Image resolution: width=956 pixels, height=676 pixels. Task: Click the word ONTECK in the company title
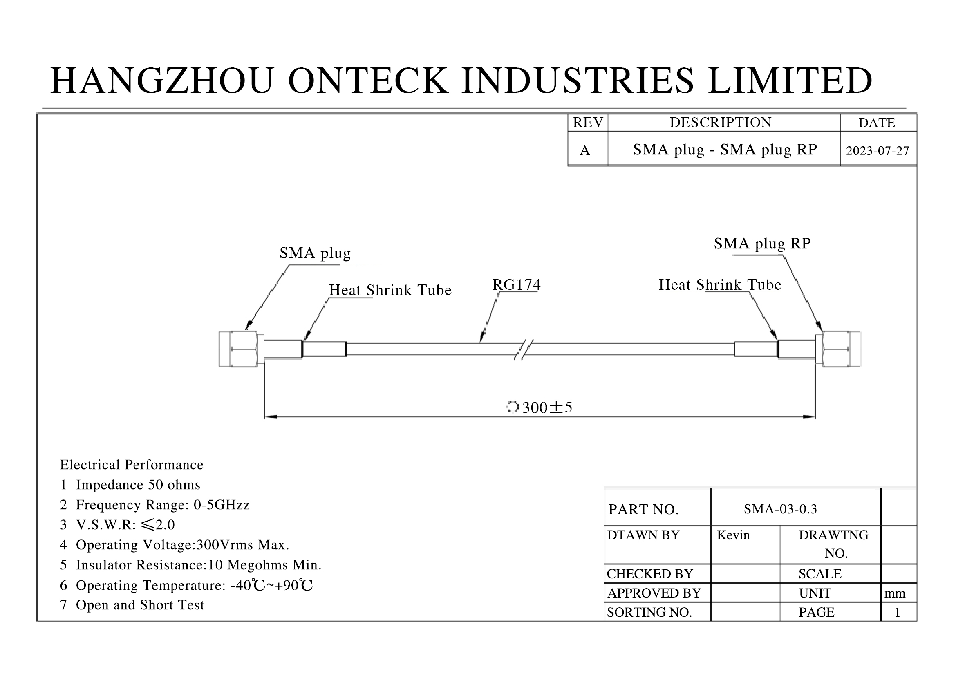pos(368,81)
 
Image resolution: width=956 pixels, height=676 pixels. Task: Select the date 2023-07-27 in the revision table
pos(877,151)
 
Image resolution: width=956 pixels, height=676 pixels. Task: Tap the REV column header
pos(587,123)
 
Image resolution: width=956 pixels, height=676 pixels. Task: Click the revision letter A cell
pos(584,150)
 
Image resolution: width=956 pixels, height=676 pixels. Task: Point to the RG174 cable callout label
pos(516,285)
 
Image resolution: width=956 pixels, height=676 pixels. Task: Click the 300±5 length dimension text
pos(547,407)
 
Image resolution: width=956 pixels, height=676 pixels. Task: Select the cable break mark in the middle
pos(524,349)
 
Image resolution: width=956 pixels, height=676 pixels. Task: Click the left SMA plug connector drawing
pos(240,349)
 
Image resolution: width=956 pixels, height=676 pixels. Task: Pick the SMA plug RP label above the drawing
pos(762,244)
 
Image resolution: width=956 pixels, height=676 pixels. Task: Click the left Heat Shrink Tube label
pos(390,290)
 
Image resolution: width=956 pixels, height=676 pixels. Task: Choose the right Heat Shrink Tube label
pos(719,285)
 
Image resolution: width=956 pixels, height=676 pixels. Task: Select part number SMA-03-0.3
pos(780,509)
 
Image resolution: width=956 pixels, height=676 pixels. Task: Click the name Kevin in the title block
pos(733,535)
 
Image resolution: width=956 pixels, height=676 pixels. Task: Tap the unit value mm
pos(894,593)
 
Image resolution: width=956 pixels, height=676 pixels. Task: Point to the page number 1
pos(897,612)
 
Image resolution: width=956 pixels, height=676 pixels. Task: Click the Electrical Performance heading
pos(132,465)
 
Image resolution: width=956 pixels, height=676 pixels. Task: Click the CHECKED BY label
pos(649,574)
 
